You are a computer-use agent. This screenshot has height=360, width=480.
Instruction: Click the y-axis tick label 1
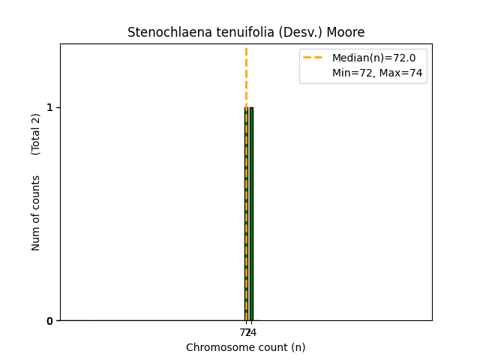click(x=50, y=107)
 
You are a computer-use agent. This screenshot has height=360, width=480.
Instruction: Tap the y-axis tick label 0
click(x=50, y=321)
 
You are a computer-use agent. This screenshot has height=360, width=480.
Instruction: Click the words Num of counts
click(x=36, y=213)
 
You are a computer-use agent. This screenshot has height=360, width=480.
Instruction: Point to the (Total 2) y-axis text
click(x=36, y=134)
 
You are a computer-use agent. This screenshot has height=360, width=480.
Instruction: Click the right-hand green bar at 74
click(x=251, y=214)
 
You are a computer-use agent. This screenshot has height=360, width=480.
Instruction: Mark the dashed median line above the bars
click(x=246, y=75)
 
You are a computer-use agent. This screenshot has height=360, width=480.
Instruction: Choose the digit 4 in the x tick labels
click(x=253, y=332)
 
